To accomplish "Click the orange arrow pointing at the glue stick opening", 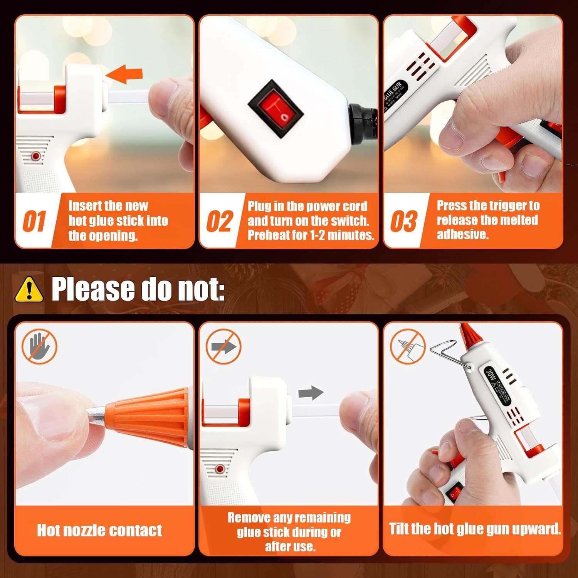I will click(125, 74).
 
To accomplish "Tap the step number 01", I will click(34, 221).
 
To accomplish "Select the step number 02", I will click(219, 221).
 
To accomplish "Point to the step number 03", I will click(403, 221).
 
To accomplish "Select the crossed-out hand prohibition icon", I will click(39, 346).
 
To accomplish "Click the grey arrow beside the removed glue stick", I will click(311, 393).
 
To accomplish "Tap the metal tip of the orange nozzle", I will click(96, 413).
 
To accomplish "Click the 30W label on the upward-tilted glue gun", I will click(490, 374).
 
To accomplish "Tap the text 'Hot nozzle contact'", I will click(99, 530).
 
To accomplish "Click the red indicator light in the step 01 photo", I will click(36, 156).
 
